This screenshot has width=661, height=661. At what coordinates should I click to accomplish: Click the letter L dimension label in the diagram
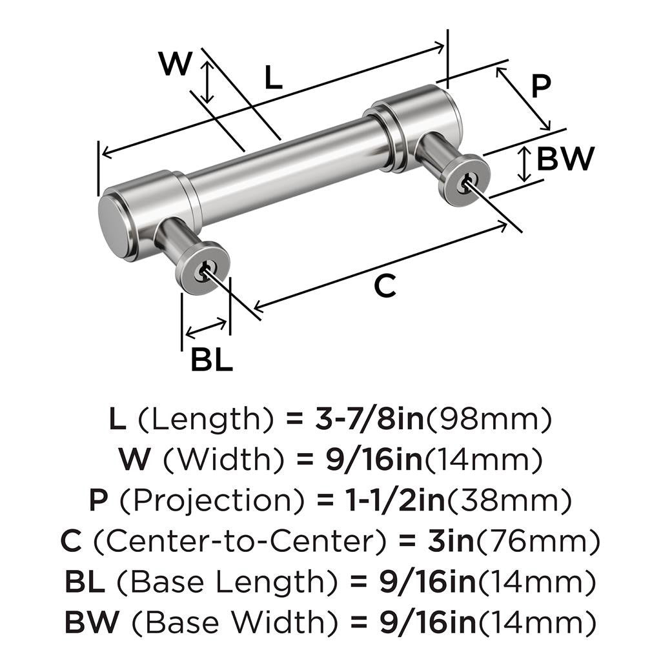point(274,79)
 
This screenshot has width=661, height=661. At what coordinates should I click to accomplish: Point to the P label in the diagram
point(540,86)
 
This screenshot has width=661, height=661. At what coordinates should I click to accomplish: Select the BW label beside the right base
point(565,159)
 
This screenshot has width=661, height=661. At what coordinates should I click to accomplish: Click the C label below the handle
point(385,286)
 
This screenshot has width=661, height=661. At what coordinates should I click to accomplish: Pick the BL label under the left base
point(212,360)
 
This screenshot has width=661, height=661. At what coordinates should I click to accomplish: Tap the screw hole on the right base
point(463,183)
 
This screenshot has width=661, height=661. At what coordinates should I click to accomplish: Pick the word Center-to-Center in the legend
point(234,541)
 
